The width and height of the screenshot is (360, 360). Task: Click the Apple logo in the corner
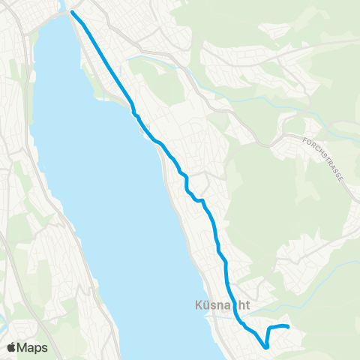(12, 347)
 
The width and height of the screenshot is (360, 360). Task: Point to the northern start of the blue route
(73, 13)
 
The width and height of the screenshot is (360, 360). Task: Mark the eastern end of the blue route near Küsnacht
(288, 326)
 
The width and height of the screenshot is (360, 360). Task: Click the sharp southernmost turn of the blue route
(266, 346)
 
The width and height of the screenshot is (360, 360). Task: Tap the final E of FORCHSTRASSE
(342, 179)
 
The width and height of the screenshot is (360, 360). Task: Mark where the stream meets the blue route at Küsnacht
(237, 319)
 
